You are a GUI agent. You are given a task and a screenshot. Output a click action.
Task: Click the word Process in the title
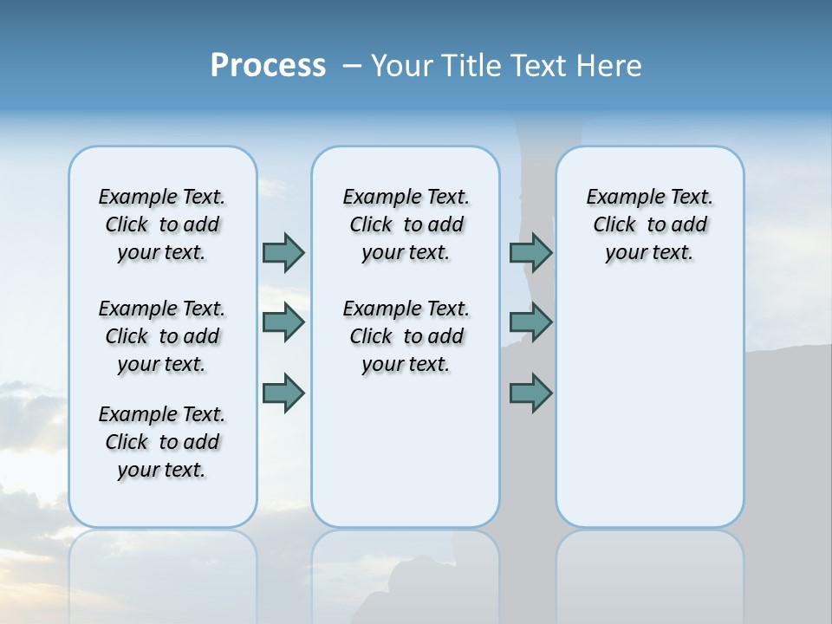click(x=268, y=66)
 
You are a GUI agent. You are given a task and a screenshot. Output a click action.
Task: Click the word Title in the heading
click(x=472, y=66)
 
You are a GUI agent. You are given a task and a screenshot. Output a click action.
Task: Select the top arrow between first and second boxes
click(x=283, y=252)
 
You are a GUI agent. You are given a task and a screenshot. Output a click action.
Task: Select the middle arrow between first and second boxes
click(x=283, y=322)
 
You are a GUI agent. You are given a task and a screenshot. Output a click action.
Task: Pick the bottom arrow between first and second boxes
click(x=283, y=393)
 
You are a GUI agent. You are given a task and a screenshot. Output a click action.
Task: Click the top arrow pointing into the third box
click(x=530, y=252)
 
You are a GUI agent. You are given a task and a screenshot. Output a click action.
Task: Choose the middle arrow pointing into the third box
click(x=530, y=322)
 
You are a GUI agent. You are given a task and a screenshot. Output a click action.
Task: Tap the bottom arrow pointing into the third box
click(x=530, y=393)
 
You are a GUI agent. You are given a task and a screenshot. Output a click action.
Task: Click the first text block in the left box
click(x=162, y=224)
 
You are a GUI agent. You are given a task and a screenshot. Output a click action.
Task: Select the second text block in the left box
click(x=162, y=336)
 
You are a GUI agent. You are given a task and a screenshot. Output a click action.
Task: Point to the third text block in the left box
click(x=162, y=442)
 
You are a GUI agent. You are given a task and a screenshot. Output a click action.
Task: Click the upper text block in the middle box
click(x=406, y=224)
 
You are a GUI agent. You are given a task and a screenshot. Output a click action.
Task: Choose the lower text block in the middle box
click(x=406, y=336)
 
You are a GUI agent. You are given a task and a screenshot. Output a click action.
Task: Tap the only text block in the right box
click(x=649, y=224)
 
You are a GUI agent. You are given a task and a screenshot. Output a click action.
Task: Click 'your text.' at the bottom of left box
click(x=161, y=470)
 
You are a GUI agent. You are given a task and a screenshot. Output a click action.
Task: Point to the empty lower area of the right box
click(x=649, y=416)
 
